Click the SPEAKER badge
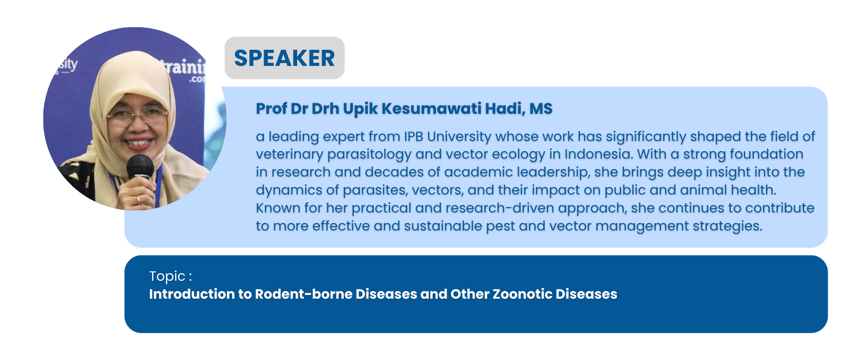[284, 58]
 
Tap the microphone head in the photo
[140, 167]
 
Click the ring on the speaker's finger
[138, 200]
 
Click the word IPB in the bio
[413, 136]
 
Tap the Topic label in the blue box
[170, 277]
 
